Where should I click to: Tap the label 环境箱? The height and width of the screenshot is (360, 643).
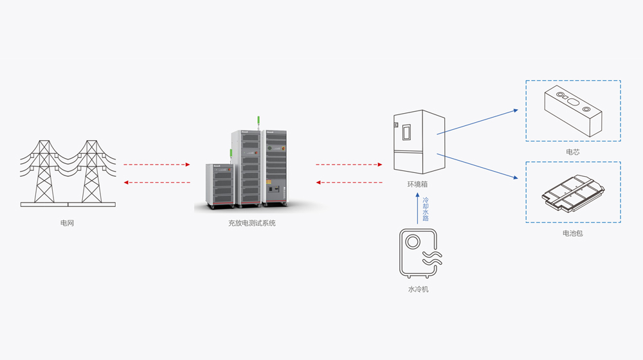tap(417, 184)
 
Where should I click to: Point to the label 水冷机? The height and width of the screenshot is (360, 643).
tap(418, 289)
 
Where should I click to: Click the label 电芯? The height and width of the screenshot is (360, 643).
tap(572, 152)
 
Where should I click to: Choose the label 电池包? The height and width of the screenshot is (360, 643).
tap(572, 233)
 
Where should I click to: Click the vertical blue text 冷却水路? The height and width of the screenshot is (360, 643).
tap(426, 209)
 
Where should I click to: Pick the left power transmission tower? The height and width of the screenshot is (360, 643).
tap(43, 170)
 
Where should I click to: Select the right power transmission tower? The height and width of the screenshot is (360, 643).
tap(91, 170)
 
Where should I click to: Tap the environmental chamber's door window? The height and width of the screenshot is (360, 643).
tap(406, 131)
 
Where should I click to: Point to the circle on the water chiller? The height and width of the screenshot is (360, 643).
tap(412, 242)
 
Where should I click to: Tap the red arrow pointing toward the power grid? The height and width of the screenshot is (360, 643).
tap(157, 183)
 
